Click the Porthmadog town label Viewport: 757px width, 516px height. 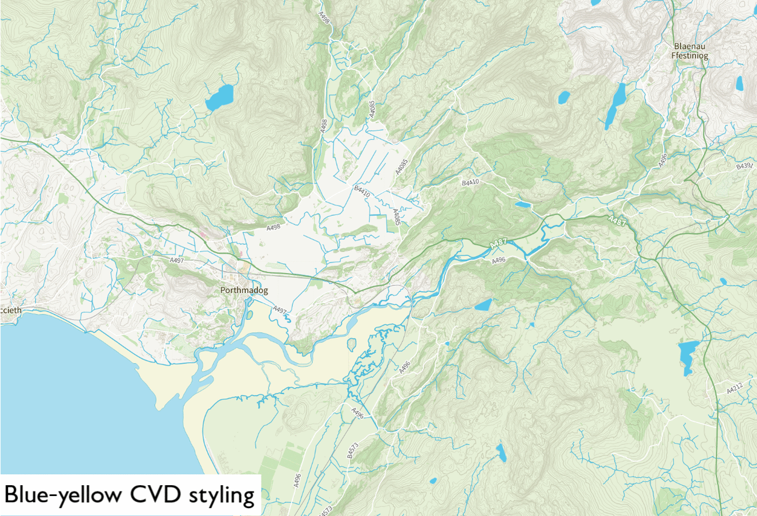(x=244, y=291)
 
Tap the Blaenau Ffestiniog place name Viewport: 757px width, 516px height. (x=690, y=51)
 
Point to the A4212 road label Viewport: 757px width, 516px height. (x=735, y=389)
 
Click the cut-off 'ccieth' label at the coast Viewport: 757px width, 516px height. (x=11, y=311)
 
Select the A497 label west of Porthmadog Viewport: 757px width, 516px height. (x=177, y=260)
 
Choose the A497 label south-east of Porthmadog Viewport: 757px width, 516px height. (x=280, y=310)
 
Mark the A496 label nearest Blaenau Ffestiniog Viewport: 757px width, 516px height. (x=662, y=160)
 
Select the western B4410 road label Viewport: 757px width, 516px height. (x=362, y=191)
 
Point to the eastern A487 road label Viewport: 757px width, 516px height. (x=617, y=220)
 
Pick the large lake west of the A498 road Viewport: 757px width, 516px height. (x=220, y=98)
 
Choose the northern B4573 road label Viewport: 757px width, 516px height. (x=352, y=450)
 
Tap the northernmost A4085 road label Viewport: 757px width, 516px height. (x=372, y=109)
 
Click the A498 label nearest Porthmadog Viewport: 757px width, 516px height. (x=274, y=228)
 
